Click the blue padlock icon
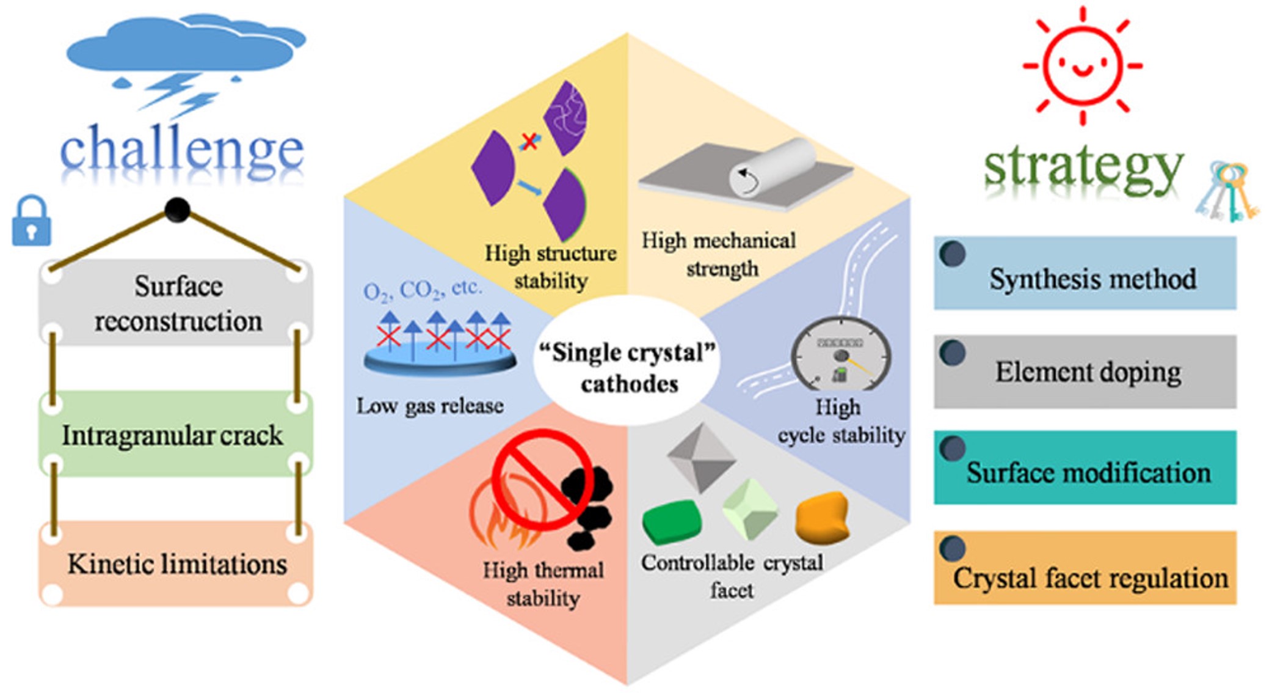[x=31, y=222]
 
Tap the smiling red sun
[x=1082, y=65]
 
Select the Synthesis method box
[x=1085, y=273]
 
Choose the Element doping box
[x=1085, y=372]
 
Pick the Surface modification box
[x=1085, y=468]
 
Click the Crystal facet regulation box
[x=1085, y=568]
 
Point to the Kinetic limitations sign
[x=176, y=564]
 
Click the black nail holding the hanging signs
[x=177, y=210]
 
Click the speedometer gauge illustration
[x=841, y=354]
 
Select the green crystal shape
[x=671, y=521]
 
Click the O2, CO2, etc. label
[x=422, y=290]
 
